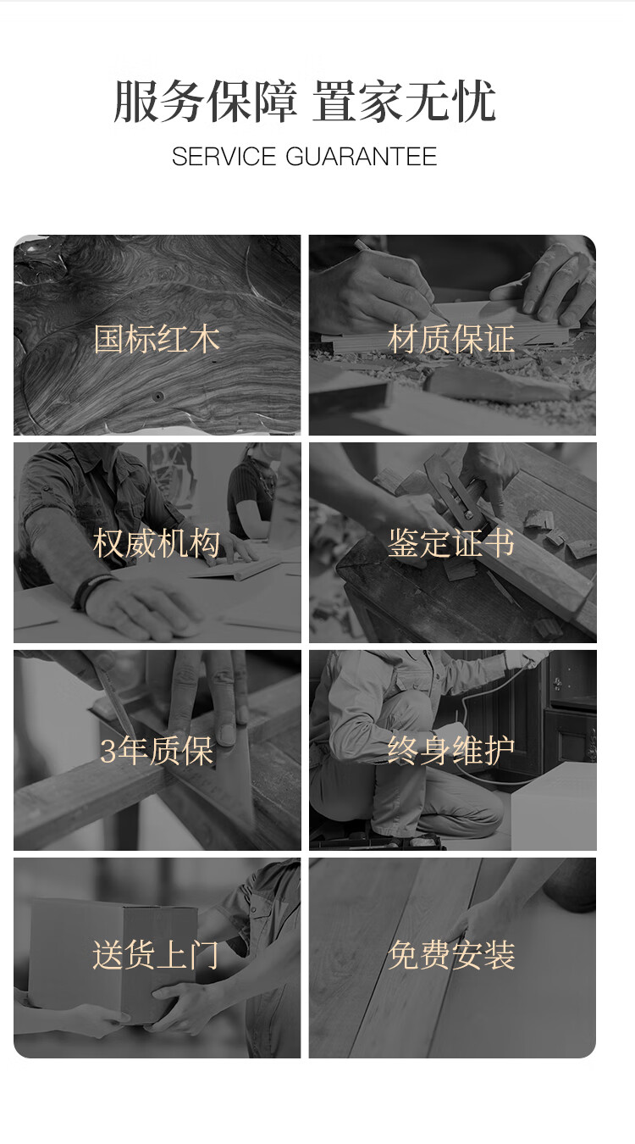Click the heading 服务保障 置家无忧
[305, 101]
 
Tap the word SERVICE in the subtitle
[224, 157]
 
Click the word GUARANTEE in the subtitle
[362, 157]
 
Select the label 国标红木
[157, 339]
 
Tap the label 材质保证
[451, 339]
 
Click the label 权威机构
[157, 543]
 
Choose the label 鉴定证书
[451, 543]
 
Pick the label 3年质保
[157, 751]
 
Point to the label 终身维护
[451, 751]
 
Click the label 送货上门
[156, 954]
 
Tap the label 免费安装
[451, 954]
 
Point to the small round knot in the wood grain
[159, 396]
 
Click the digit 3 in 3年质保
[108, 751]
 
